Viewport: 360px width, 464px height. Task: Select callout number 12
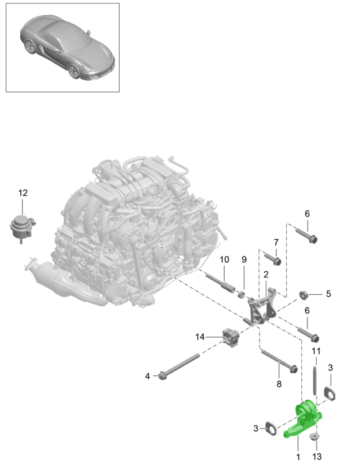point(23,193)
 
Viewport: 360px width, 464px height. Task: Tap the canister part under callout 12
point(23,228)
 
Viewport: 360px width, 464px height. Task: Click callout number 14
point(200,337)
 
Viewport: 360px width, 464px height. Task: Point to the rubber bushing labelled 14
point(231,337)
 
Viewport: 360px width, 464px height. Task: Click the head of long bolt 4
point(163,376)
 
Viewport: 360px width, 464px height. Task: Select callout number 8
point(279,384)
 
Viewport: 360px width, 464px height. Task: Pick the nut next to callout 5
point(304,295)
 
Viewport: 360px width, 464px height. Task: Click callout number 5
point(328,294)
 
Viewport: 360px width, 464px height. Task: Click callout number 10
point(225,259)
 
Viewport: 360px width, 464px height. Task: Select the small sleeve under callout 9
point(242,294)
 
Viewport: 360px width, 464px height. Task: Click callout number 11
point(316,351)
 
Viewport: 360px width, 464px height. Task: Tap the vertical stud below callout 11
point(314,380)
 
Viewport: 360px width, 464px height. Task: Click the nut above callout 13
point(314,436)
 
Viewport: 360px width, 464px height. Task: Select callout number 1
point(298,457)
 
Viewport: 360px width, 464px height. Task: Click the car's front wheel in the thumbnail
point(73,71)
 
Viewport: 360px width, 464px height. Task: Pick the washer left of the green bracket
point(271,428)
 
